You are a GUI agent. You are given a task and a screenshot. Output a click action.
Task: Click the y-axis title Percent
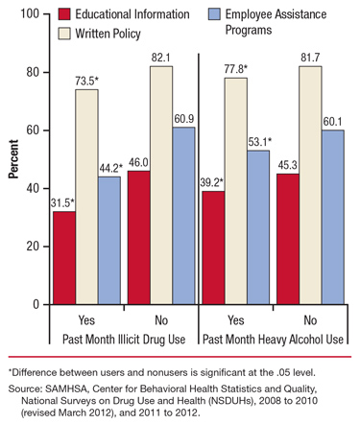[12, 159]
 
